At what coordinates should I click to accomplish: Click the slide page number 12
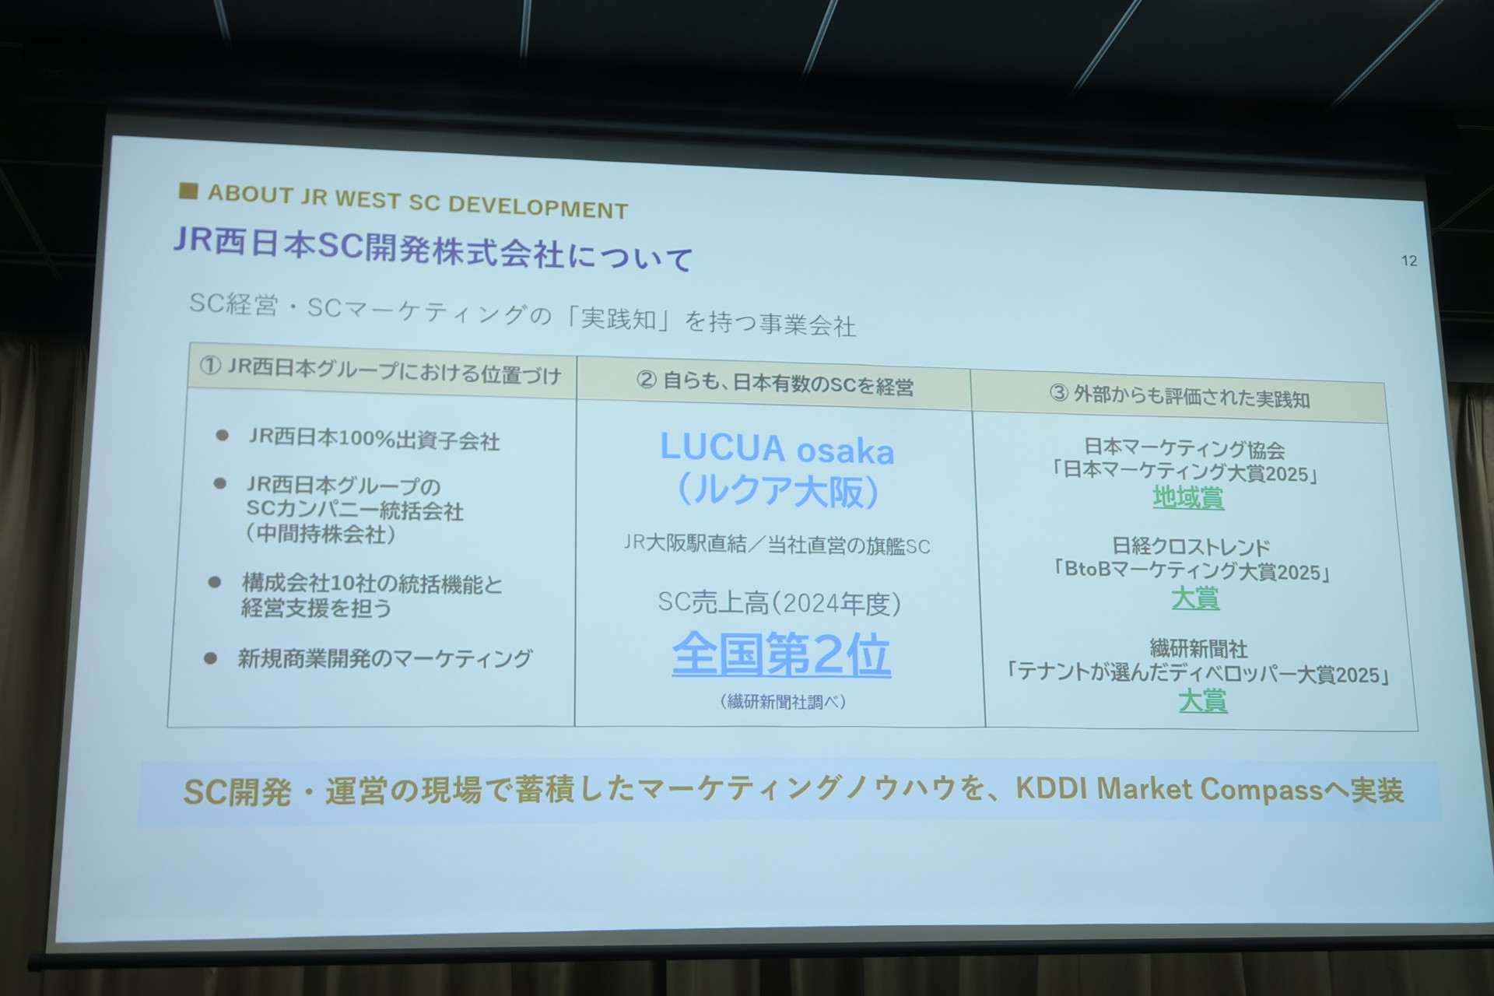point(1409,261)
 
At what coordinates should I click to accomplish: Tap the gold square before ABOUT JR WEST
point(188,191)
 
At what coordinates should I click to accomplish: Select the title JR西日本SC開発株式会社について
point(433,250)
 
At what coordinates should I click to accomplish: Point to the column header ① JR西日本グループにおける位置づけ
point(381,371)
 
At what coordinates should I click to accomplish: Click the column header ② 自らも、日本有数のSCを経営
point(775,383)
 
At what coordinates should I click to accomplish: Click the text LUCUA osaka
point(777,449)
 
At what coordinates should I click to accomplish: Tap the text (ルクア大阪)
point(778,491)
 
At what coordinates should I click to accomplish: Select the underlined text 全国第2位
point(781,654)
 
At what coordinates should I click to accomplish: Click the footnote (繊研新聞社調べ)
point(783,702)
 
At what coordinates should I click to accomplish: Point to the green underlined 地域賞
point(1188,497)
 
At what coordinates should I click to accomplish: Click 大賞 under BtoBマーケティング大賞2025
point(1195,598)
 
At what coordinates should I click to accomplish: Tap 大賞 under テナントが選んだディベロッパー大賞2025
point(1203,701)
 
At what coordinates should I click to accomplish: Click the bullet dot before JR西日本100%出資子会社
point(222,436)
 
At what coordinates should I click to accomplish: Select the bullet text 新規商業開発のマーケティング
point(385,659)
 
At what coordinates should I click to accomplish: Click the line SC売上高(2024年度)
point(780,603)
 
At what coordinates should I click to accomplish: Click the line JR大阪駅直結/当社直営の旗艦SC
point(777,545)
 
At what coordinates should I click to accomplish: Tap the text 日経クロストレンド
point(1191,547)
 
